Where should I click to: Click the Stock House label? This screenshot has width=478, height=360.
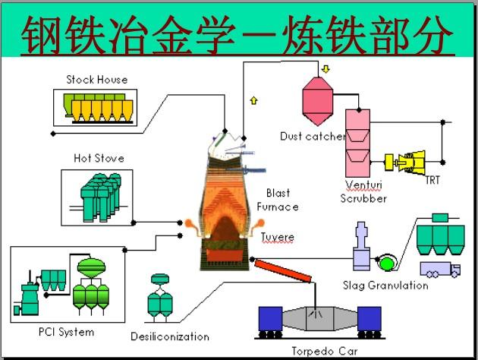coord(96,80)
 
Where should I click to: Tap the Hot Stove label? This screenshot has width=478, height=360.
coord(99,159)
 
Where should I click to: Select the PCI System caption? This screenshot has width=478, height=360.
coord(66,332)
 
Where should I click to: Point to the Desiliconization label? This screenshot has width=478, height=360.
coord(169,336)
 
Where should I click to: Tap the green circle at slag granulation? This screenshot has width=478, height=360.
coord(388,263)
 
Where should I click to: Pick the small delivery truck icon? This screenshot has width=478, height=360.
coord(440,269)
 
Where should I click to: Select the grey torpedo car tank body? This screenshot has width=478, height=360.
coord(319,319)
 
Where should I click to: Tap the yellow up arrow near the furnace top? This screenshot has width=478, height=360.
coord(253,99)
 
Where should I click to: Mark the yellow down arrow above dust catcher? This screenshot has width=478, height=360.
coord(326,70)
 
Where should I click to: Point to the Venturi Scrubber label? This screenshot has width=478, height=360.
coord(363,191)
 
